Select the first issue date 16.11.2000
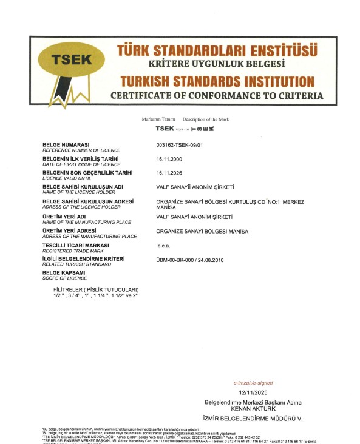tap(169, 159)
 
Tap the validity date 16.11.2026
tap(169, 173)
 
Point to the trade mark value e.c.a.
tap(165, 246)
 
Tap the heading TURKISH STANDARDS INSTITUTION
tap(217, 82)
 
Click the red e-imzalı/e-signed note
tap(253, 383)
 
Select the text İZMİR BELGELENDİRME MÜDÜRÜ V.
tap(251, 419)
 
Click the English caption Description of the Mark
tap(206, 119)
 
